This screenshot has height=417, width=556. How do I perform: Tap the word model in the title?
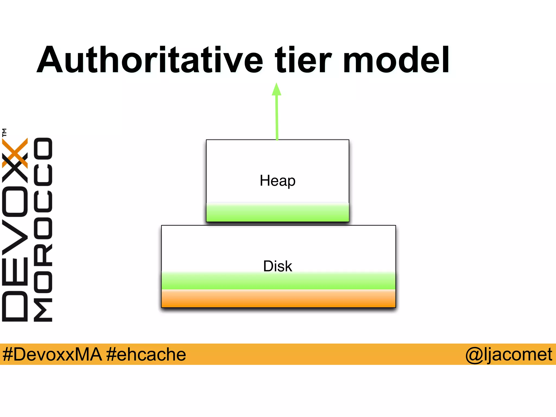click(x=396, y=60)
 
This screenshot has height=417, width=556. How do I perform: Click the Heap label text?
click(x=277, y=181)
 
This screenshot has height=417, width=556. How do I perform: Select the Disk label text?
click(x=277, y=266)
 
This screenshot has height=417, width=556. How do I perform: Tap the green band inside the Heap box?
click(x=277, y=213)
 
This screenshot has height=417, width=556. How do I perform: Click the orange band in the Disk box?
click(x=278, y=299)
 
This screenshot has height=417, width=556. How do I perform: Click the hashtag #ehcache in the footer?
click(x=146, y=354)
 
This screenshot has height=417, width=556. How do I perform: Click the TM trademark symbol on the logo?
click(x=4, y=132)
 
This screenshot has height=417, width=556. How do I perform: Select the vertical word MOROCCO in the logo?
click(x=43, y=229)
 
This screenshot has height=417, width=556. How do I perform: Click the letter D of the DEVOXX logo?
click(x=15, y=306)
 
